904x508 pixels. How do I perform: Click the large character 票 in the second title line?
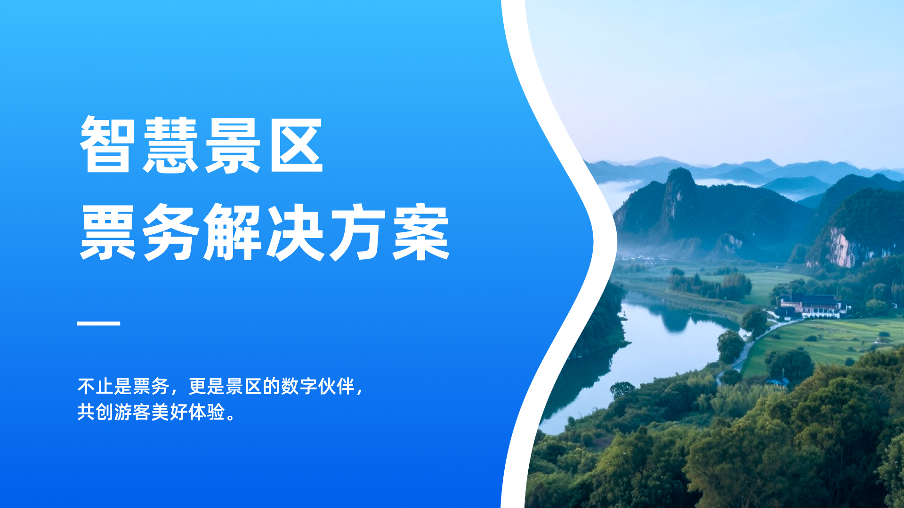coord(108,232)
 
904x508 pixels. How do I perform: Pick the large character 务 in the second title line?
coord(170,232)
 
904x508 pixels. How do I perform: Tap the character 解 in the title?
coord(233,232)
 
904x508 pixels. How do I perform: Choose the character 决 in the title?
coord(296,232)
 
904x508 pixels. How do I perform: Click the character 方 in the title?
coord(359,232)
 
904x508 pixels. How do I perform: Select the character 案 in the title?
coord(421,232)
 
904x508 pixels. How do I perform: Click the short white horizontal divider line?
coord(98,323)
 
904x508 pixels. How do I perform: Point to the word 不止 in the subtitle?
coord(96,387)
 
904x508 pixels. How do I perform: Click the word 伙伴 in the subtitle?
coord(336,387)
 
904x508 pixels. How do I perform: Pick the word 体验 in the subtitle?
coord(207,412)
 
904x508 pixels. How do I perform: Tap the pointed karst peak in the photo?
coord(679,181)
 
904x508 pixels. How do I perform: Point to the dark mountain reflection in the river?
coord(676,320)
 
